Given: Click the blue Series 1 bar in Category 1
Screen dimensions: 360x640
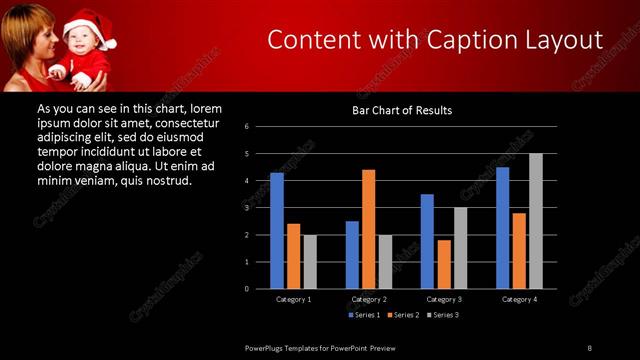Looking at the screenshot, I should (x=277, y=231).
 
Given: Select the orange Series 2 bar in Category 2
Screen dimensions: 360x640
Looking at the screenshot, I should (x=369, y=229).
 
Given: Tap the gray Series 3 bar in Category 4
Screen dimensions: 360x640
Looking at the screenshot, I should (x=536, y=221).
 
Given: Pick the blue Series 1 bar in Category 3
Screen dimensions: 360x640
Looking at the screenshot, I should (x=427, y=241).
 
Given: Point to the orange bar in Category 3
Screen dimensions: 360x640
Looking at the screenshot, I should (x=444, y=264).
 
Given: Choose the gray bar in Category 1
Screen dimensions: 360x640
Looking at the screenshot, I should (x=310, y=262).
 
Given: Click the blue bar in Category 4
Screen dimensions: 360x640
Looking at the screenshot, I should (x=502, y=228).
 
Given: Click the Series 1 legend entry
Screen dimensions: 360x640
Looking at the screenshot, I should (x=364, y=315).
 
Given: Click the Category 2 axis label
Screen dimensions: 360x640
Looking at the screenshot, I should (x=369, y=299).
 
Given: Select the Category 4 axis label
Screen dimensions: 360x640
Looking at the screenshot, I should (x=519, y=299).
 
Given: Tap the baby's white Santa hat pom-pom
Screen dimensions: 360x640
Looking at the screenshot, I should (x=110, y=43).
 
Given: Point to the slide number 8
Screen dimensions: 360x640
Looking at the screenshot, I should (x=589, y=347).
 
